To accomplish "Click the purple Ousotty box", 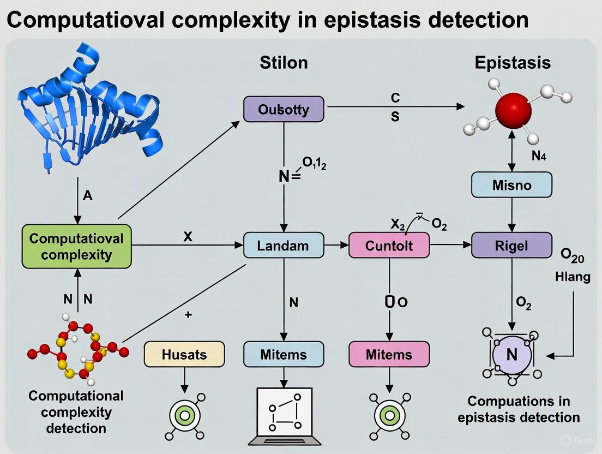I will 284,109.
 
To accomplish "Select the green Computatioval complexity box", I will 76,246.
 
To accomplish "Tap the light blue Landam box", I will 283,245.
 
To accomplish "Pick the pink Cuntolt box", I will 389,245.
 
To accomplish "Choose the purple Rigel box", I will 511,245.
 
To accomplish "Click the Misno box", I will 511,185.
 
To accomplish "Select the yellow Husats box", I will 184,354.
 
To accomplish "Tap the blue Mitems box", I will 283,354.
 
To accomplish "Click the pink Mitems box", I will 389,354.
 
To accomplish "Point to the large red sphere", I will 513,110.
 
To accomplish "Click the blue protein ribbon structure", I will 87,109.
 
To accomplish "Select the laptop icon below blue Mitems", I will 284,415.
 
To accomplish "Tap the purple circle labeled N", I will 511,355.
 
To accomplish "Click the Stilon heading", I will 284,62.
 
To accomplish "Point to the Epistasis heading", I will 513,62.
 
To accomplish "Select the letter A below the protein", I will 88,195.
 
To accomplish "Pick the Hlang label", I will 572,277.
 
